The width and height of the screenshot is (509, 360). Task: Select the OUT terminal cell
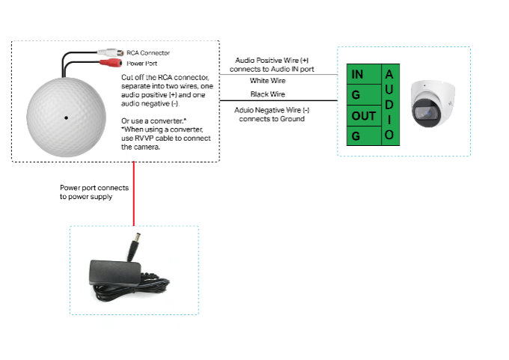(x=364, y=116)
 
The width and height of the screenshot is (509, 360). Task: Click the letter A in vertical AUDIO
(x=389, y=74)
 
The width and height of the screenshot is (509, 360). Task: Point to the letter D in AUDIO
(x=389, y=104)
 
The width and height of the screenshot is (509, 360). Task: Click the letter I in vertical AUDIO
(x=389, y=119)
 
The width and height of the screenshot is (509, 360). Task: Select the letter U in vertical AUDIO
(x=389, y=89)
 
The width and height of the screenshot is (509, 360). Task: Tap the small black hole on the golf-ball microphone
(x=66, y=118)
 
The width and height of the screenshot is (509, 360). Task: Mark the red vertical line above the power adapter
(x=133, y=193)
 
